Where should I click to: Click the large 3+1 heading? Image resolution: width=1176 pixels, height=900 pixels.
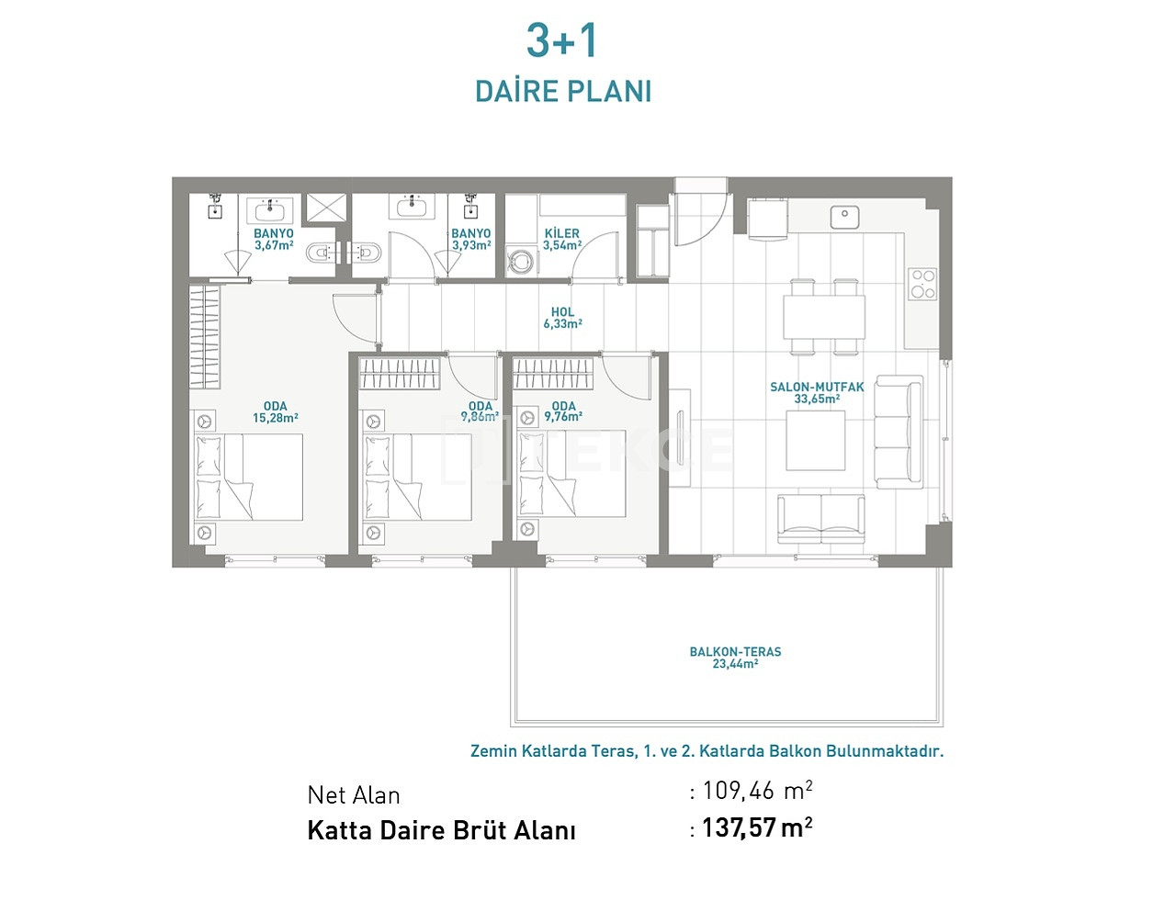click(561, 40)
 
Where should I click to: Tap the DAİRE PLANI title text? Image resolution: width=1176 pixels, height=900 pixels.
click(563, 92)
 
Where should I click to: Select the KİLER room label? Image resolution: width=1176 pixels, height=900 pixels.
click(562, 233)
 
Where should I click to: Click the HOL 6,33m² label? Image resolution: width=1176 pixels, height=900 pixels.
click(563, 318)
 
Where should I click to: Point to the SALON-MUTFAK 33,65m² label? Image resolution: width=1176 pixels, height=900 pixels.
click(817, 393)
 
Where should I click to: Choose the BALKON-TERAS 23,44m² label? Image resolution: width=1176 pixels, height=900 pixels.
click(736, 658)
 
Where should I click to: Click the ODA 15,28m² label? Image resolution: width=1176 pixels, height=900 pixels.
click(276, 412)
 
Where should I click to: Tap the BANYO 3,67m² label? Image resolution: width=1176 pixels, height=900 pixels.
click(274, 239)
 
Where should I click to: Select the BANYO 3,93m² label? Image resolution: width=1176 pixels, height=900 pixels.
click(471, 239)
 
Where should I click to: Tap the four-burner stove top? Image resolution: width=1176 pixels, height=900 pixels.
click(922, 285)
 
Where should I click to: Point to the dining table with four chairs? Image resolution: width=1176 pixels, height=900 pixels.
click(824, 317)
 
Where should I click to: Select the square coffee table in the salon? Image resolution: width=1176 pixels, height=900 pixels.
click(816, 440)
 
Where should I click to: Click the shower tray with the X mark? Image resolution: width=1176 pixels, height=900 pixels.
click(326, 208)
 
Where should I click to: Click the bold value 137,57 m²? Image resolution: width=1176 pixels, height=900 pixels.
click(756, 828)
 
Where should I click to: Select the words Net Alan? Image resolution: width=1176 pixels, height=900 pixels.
click(354, 795)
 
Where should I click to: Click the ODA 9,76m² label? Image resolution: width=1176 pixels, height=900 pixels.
click(563, 411)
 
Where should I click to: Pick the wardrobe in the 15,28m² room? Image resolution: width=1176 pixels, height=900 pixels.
click(205, 337)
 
